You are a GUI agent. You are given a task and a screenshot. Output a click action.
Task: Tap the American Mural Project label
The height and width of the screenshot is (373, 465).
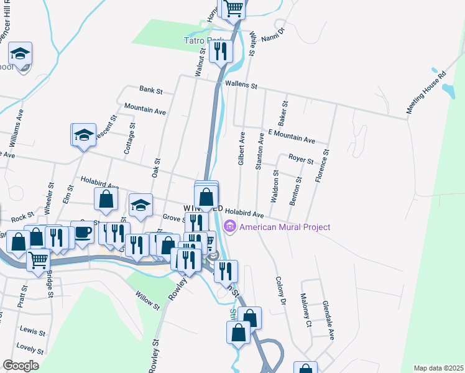point(285,227)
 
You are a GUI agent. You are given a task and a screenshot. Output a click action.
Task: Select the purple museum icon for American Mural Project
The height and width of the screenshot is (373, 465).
point(231,227)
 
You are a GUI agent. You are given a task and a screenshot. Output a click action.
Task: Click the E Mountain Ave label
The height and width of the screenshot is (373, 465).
point(292,137)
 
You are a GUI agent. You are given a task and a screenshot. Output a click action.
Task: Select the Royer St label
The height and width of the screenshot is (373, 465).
point(301,159)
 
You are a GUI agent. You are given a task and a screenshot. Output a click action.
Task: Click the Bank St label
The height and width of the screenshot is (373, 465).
point(150,91)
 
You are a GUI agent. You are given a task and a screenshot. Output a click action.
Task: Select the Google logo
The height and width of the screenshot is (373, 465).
point(21,366)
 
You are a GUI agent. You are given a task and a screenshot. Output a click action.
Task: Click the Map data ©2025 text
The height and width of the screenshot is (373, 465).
point(438,368)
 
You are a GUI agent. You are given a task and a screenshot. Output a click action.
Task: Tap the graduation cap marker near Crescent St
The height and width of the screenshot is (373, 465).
point(84,135)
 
